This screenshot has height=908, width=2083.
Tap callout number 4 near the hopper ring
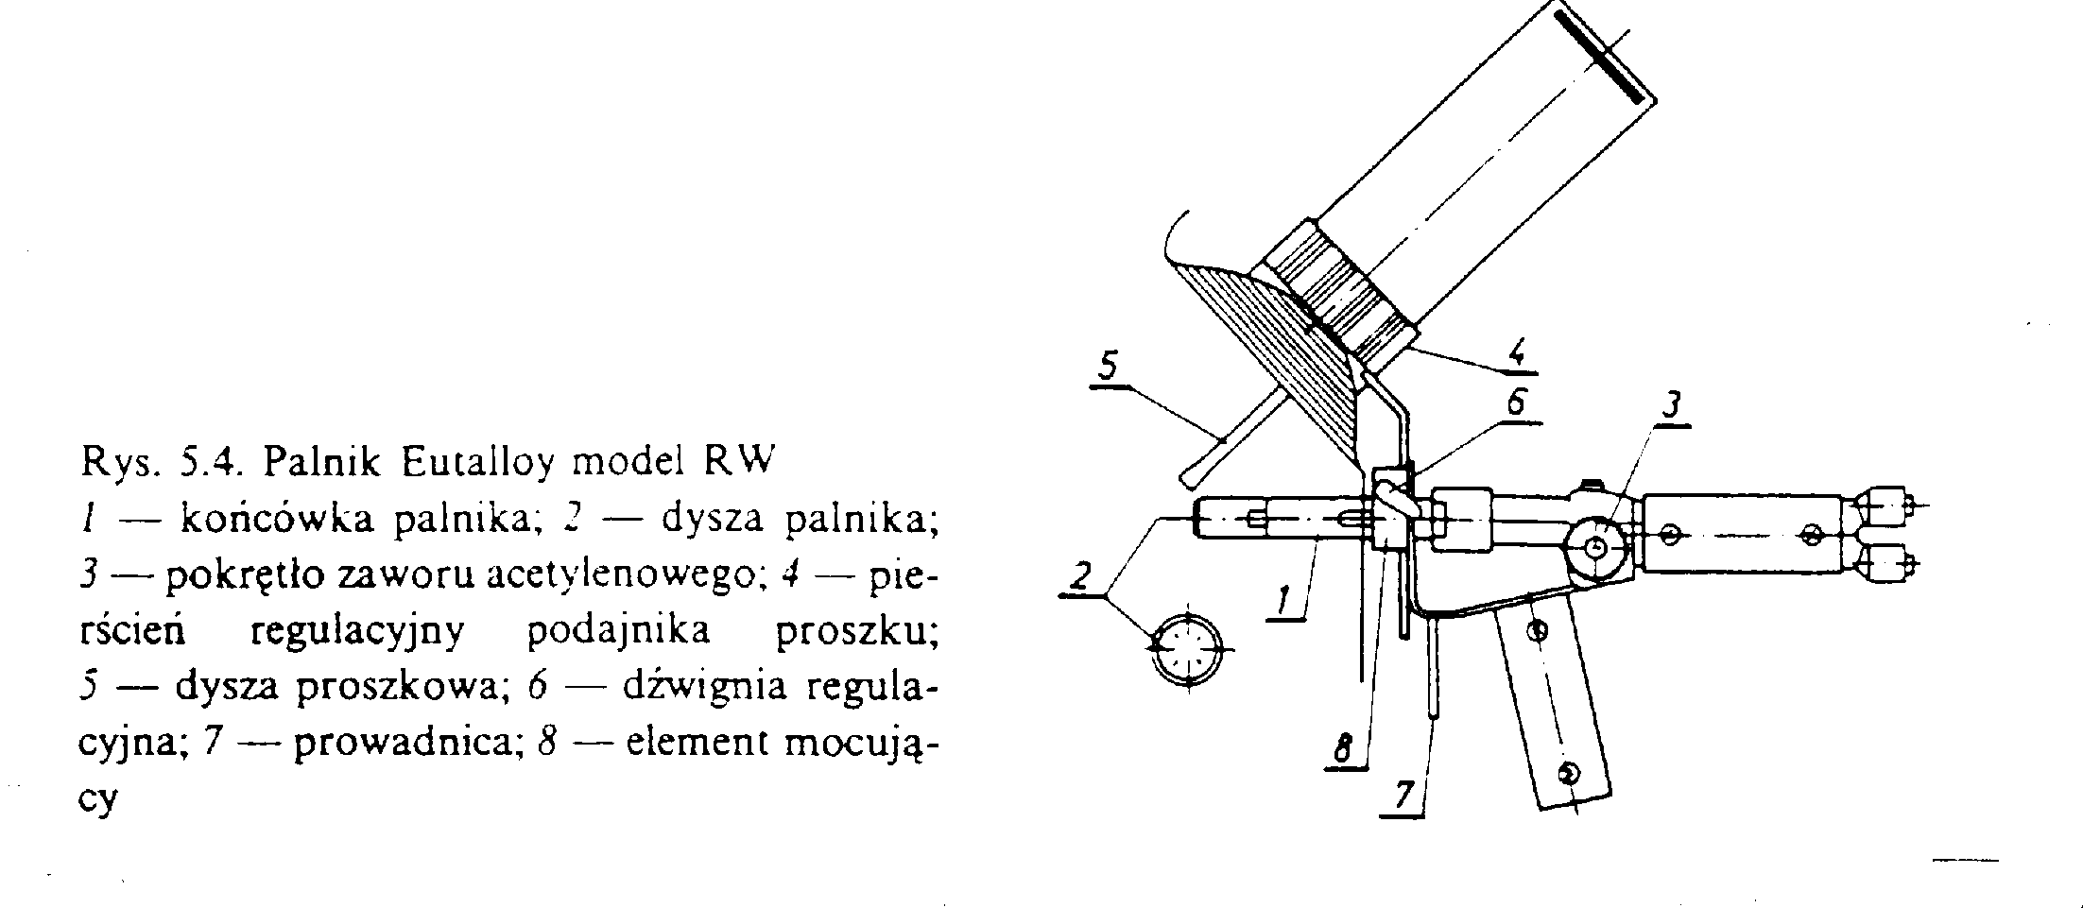click(1515, 352)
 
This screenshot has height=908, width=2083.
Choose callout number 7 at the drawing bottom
click(1403, 797)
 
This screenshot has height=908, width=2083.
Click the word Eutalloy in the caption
click(480, 464)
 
